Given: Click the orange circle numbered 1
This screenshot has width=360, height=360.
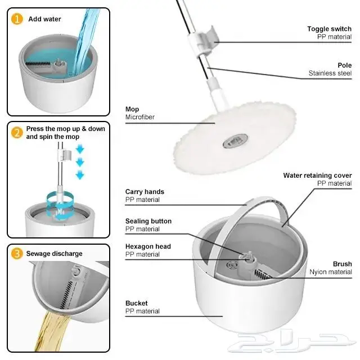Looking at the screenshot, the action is pos(17,19).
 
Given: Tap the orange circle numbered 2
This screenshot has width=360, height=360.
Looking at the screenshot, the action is pos(17,133).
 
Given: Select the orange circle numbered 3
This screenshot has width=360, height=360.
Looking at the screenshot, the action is pos(17,254).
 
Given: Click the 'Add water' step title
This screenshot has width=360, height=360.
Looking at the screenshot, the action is pos(44,19).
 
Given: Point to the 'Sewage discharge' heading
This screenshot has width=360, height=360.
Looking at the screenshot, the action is pos(54,254).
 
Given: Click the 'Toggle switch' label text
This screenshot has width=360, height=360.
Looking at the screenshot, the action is pos(329,29).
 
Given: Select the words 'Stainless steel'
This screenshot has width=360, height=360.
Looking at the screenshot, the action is pos(330,73).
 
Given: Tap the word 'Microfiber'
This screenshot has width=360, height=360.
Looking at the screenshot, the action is pos(140,117).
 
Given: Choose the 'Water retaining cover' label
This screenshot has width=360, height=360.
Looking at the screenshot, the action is pos(317,175).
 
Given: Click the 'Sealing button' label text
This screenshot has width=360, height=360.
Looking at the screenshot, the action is pos(148,221).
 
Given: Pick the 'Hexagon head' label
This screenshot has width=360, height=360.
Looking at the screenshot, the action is pos(148,246).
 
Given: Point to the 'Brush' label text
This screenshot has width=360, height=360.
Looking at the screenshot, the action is pos(343,264).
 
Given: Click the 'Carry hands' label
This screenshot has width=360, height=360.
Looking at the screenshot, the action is pos(145,192).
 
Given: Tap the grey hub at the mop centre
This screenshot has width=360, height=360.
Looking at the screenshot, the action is pos(235,141).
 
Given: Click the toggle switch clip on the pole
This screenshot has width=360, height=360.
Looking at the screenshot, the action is pos(205,40).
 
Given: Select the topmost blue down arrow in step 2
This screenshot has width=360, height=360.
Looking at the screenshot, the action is pos(80,149).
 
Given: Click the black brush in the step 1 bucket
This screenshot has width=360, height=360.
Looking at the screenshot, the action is pos(38,64).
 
